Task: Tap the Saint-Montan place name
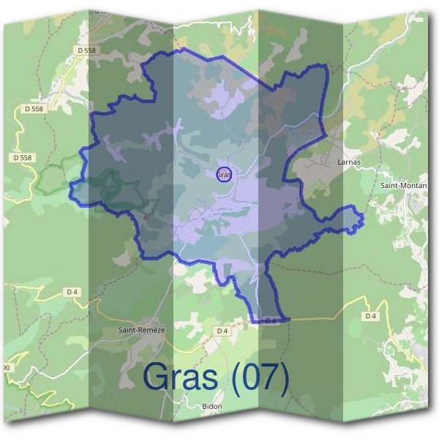[x=404, y=185]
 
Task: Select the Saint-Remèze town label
[x=142, y=330]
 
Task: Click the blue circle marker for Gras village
[x=225, y=174]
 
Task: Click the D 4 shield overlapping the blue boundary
[x=270, y=320]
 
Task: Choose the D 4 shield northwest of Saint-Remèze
[x=72, y=291]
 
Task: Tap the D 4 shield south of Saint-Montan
[x=371, y=315]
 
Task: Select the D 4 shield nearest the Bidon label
[x=222, y=331]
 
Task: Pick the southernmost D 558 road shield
[x=23, y=157]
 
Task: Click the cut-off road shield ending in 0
[x=6, y=367]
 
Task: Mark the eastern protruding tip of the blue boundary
[x=362, y=219]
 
